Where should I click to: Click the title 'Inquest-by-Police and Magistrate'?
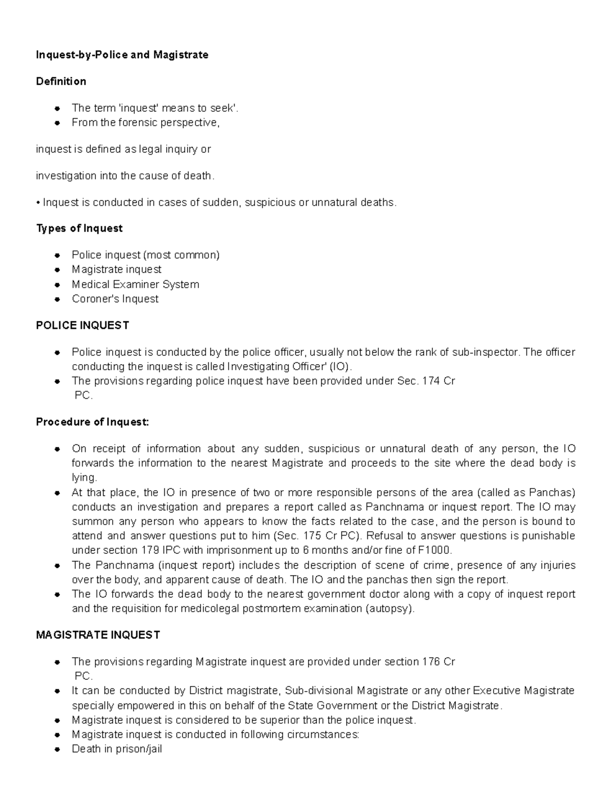tap(122, 55)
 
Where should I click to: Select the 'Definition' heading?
tap(61, 81)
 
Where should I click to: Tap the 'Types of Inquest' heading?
tap(79, 228)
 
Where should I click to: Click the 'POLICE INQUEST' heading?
tap(82, 325)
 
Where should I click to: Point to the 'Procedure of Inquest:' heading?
tap(92, 422)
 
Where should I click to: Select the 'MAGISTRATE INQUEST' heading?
tap(98, 635)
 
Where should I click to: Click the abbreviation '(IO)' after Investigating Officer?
tap(341, 367)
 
